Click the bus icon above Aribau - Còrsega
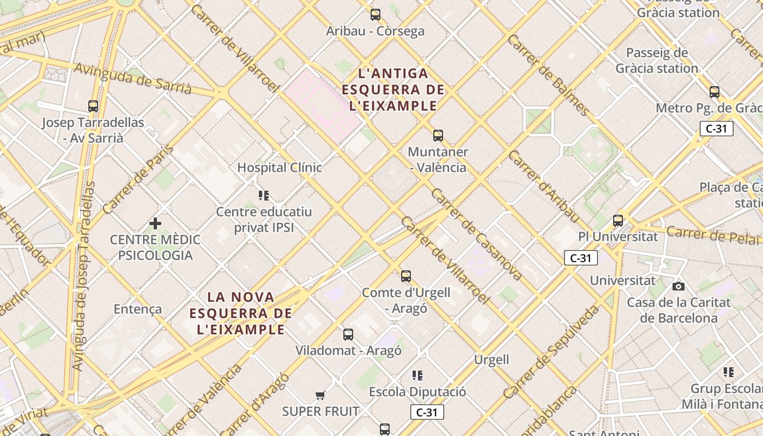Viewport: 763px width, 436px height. click(376, 15)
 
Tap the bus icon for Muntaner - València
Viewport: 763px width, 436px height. click(438, 136)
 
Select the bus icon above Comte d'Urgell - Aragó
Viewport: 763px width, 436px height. click(406, 276)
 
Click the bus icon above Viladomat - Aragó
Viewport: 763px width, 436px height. click(348, 335)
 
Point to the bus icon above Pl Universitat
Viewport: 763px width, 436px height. click(618, 221)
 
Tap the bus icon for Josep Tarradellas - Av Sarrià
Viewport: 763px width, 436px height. click(93, 106)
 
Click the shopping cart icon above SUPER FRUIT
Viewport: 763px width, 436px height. click(320, 395)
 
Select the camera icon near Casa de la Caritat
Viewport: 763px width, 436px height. click(679, 286)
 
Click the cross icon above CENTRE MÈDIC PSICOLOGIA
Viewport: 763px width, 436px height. click(155, 223)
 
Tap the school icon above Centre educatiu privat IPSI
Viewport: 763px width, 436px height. click(264, 196)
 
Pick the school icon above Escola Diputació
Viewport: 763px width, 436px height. click(417, 376)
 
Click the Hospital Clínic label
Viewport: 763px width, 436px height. click(280, 167)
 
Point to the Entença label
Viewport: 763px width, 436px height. click(137, 309)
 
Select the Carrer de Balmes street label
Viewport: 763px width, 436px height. click(547, 75)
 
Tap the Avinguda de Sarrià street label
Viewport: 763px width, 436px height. click(132, 78)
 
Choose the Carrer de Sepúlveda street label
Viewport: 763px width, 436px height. click(551, 352)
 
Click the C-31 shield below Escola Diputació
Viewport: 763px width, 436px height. click(427, 413)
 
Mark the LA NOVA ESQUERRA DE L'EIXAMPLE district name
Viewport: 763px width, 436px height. click(241, 313)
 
